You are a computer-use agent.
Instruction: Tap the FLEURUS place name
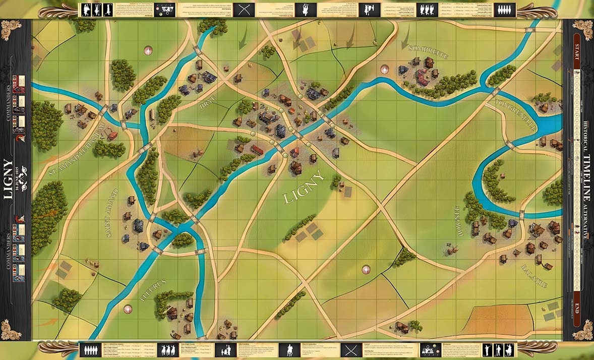[150, 293]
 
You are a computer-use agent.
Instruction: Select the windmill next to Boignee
[451, 249]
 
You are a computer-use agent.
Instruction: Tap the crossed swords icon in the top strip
[245, 10]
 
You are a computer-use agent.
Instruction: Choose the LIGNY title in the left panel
[8, 179]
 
